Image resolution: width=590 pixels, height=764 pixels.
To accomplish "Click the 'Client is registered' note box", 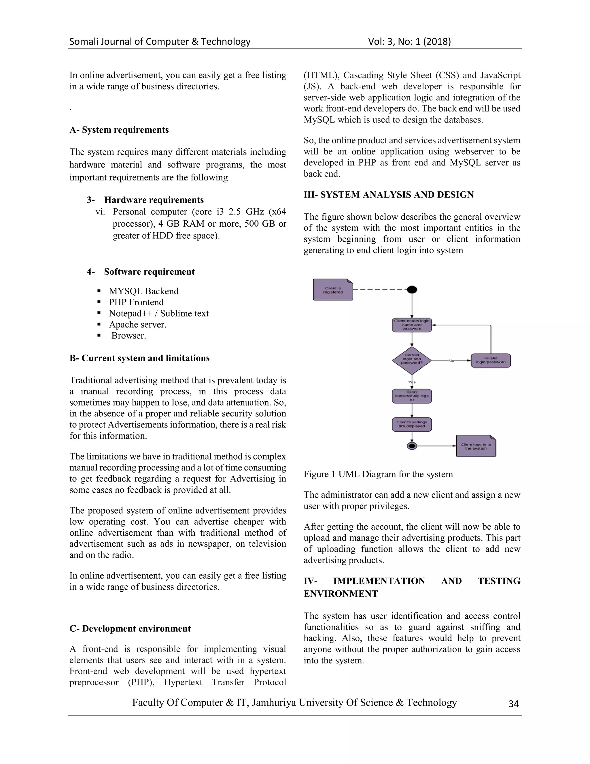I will pyautogui.click(x=333, y=290).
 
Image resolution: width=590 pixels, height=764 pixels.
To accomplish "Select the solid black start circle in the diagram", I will pyautogui.click(x=412, y=290).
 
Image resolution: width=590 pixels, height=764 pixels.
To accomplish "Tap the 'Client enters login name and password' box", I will pyautogui.click(x=412, y=325).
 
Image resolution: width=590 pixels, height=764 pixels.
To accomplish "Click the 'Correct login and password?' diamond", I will pyautogui.click(x=412, y=360).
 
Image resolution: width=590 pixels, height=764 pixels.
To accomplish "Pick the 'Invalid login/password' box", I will pyautogui.click(x=491, y=360).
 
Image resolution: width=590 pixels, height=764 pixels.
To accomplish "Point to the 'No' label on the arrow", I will pyautogui.click(x=451, y=361).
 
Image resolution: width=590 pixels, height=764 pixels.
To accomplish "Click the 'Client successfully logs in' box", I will pyautogui.click(x=412, y=396).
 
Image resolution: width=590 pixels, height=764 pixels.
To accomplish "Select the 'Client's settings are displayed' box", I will pyautogui.click(x=412, y=424).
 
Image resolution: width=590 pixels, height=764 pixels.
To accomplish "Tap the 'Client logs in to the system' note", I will pyautogui.click(x=476, y=446).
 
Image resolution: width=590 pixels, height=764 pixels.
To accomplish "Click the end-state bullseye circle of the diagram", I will pyautogui.click(x=412, y=446).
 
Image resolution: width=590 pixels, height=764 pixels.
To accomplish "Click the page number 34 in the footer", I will pyautogui.click(x=513, y=704).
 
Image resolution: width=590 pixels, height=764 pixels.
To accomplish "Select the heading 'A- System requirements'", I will pyautogui.click(x=119, y=130).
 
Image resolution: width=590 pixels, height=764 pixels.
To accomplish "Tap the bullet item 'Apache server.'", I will pyautogui.click(x=137, y=325).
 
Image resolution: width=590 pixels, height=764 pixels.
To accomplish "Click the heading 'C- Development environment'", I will pyautogui.click(x=130, y=628).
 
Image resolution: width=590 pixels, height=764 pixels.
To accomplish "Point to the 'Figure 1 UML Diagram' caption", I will pyautogui.click(x=378, y=474).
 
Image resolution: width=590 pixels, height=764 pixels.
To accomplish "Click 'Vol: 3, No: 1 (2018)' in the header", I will pyautogui.click(x=409, y=42).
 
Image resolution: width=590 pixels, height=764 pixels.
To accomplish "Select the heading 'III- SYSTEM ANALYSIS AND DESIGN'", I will pyautogui.click(x=388, y=195).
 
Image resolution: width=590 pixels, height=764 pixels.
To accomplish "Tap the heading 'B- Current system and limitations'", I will pyautogui.click(x=139, y=358).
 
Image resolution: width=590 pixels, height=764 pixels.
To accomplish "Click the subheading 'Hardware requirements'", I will pyautogui.click(x=154, y=200).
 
